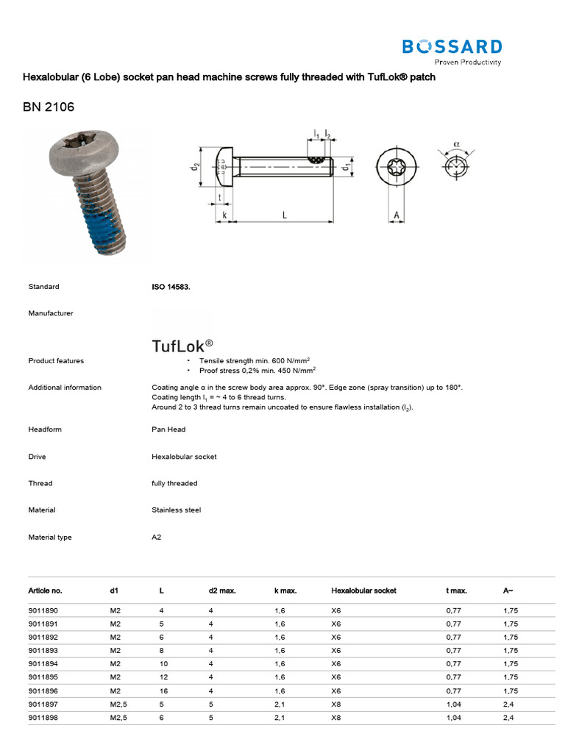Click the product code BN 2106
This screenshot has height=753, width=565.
[49, 107]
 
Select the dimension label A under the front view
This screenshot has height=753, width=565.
[397, 215]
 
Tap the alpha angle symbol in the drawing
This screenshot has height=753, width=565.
[457, 145]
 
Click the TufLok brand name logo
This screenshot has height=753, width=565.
[182, 346]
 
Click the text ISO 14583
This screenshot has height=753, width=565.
[171, 287]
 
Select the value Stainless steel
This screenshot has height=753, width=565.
[176, 510]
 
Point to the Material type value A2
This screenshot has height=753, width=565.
[156, 537]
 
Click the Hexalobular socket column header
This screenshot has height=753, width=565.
[363, 590]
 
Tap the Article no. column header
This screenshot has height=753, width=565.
[45, 590]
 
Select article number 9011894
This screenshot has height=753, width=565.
[42, 663]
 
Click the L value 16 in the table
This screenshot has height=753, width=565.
[163, 690]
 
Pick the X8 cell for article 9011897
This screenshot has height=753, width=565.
[337, 704]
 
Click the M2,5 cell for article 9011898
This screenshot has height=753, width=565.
[118, 717]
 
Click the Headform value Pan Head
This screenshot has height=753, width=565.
[168, 429]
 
